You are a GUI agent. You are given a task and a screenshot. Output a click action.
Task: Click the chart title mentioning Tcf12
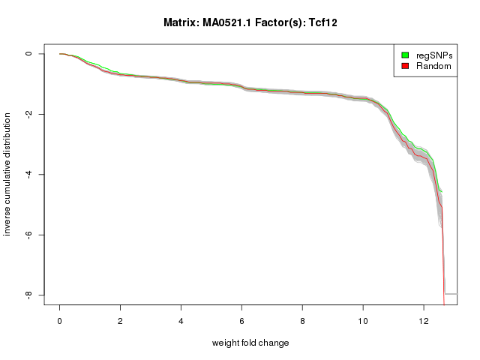click(x=250, y=22)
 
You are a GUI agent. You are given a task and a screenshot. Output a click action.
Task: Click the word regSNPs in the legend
click(x=433, y=55)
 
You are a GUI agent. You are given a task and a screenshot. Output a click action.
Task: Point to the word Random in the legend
click(x=433, y=66)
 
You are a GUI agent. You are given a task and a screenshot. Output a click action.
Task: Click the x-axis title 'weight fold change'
click(x=250, y=343)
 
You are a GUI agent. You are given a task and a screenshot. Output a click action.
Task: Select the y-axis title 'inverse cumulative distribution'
click(x=7, y=174)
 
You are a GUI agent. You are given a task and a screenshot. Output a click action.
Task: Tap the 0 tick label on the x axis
click(x=59, y=319)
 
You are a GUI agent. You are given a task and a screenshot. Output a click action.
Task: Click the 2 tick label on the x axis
click(x=120, y=319)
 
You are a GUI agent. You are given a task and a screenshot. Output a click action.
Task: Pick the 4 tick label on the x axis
click(x=181, y=319)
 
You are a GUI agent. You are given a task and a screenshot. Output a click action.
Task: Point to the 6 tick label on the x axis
click(x=241, y=319)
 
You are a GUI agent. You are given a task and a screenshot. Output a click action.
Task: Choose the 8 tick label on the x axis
click(x=302, y=319)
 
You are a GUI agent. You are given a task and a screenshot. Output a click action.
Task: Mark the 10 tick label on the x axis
click(x=363, y=319)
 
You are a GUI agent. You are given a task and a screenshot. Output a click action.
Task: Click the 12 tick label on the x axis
click(x=424, y=319)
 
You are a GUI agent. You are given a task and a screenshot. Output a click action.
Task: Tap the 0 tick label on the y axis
click(x=29, y=54)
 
